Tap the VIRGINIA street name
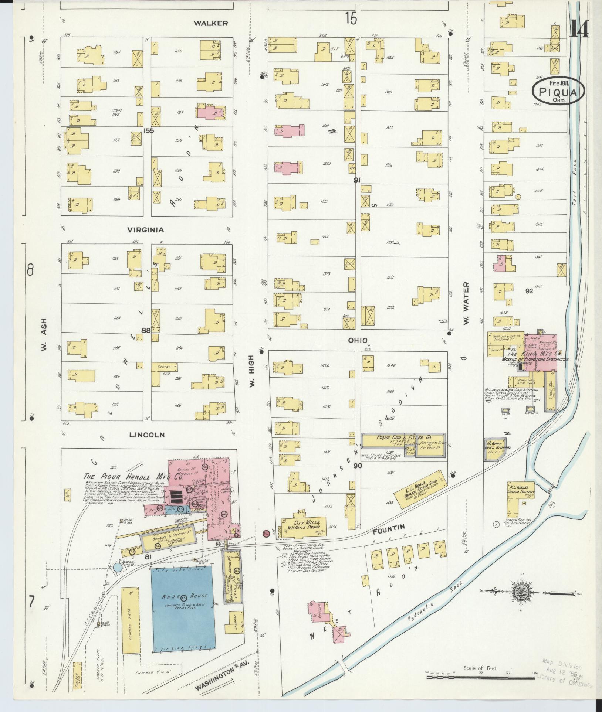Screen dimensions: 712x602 (x=145, y=230)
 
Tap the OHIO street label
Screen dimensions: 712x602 (x=357, y=340)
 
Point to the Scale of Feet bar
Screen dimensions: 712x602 (x=481, y=677)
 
